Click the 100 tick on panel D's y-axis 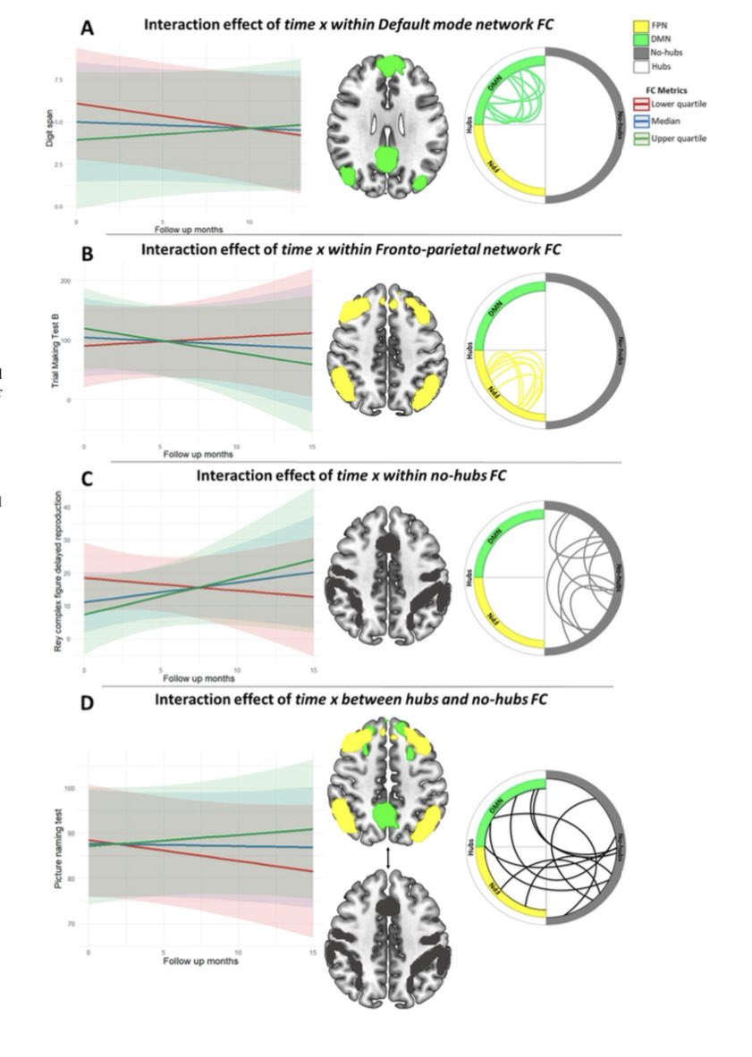pyautogui.click(x=72, y=789)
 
